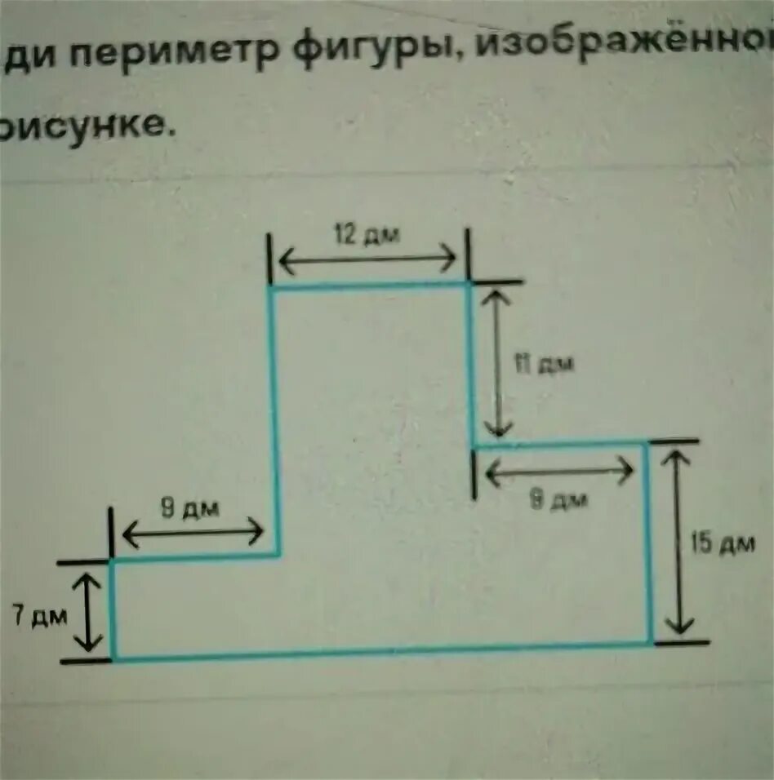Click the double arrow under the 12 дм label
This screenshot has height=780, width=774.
(x=367, y=260)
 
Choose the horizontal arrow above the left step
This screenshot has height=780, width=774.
(x=193, y=534)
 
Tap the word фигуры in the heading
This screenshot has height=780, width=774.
(x=372, y=49)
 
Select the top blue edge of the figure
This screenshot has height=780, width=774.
(x=369, y=286)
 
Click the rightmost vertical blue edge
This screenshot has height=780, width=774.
(x=649, y=543)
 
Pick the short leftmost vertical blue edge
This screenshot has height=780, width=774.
(x=113, y=609)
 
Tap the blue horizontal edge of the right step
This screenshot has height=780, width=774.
(x=560, y=445)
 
